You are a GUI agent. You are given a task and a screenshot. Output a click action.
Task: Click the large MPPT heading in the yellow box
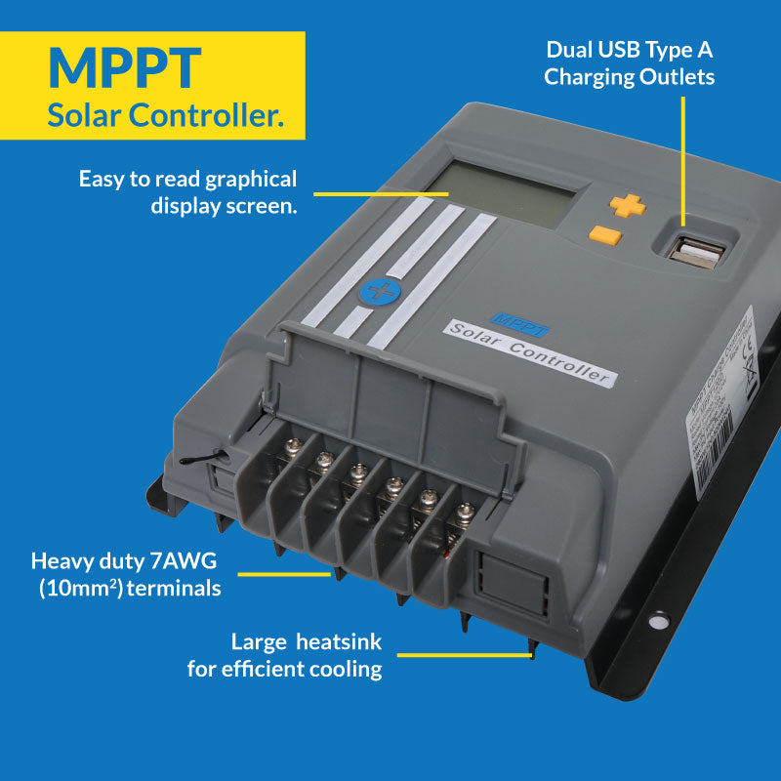pos(125,66)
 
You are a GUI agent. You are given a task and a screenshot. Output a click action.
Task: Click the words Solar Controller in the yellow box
pos(166,115)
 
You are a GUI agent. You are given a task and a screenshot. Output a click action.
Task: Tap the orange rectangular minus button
pos(605,234)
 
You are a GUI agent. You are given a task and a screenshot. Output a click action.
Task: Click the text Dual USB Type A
pos(630,49)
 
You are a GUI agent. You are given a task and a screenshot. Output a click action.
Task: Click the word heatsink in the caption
pos(334,641)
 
